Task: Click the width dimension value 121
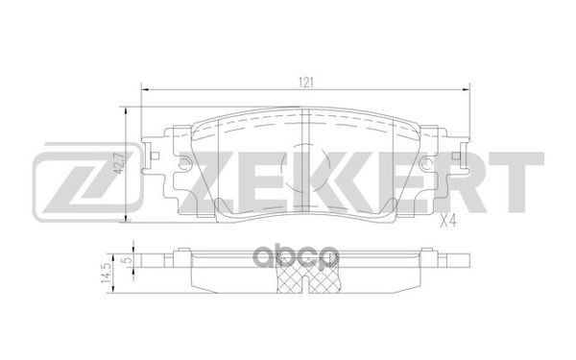307,81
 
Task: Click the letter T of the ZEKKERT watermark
518,182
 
